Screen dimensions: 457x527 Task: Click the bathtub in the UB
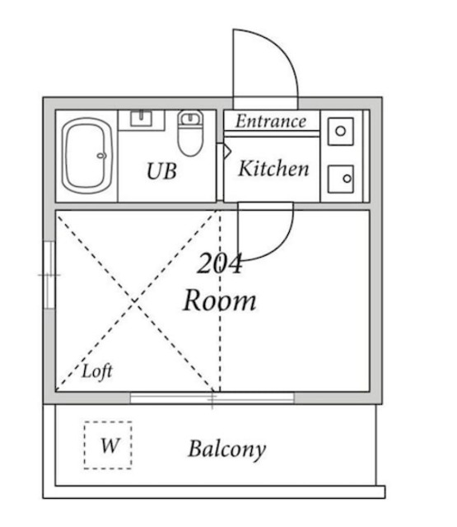[86, 156]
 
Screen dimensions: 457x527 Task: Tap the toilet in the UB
[190, 133]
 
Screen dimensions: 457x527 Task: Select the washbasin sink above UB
[141, 119]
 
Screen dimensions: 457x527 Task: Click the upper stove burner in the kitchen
[341, 132]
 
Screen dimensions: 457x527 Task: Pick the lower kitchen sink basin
[341, 180]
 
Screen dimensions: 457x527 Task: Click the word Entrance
[271, 121]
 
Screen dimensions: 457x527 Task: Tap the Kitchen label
[273, 168]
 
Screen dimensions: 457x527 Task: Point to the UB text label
[161, 170]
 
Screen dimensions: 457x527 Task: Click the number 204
[219, 263]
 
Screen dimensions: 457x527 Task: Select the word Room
[220, 300]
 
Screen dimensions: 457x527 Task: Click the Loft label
[97, 371]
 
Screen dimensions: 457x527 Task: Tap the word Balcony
[227, 450]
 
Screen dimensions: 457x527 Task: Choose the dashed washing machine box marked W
[108, 445]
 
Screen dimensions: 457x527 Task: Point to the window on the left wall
[49, 275]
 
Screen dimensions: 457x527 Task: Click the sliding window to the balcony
[212, 398]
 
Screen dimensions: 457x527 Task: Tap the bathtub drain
[101, 156]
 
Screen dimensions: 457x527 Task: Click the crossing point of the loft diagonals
[135, 301]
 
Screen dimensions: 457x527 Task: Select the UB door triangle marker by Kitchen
[227, 152]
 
